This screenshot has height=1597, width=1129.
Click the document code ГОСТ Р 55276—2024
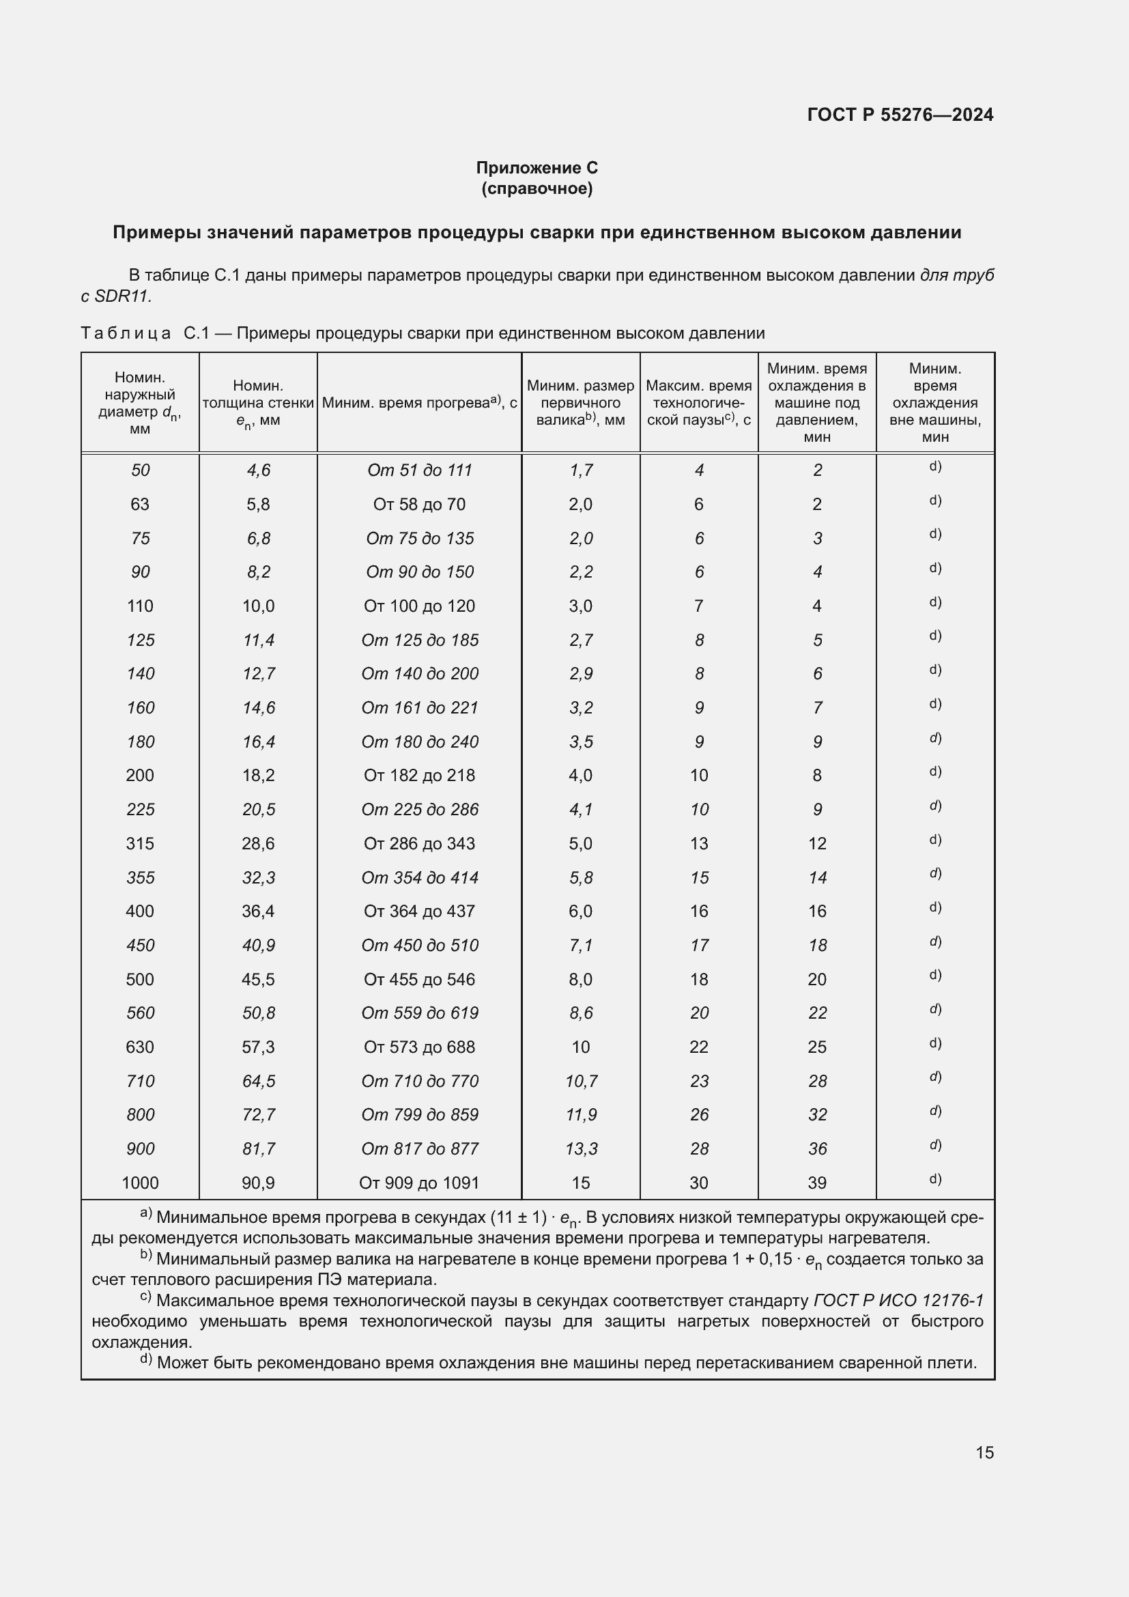pos(900,115)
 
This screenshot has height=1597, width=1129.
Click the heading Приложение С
pos(536,168)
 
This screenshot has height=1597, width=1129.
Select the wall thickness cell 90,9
pos(258,1183)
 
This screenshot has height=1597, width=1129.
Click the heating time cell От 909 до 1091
pos(418,1183)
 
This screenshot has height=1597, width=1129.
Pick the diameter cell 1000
pos(140,1183)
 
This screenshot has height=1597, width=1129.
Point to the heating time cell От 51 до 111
pos(419,470)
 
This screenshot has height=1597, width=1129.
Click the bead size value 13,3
pos(580,1148)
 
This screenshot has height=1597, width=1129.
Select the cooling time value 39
pos(817,1183)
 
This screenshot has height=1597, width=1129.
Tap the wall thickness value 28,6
pos(258,843)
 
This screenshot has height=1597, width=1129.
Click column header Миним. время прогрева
pos(419,403)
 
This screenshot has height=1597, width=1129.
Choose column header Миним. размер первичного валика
pos(580,403)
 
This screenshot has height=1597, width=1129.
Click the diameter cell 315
pos(140,843)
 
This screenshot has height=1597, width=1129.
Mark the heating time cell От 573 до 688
pos(419,1047)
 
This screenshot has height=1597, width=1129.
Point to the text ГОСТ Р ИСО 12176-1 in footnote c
pos(898,1300)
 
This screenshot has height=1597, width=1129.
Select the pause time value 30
pos(699,1183)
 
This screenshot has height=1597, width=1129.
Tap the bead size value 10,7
pos(580,1081)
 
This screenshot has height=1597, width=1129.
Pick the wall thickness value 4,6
pos(258,470)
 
